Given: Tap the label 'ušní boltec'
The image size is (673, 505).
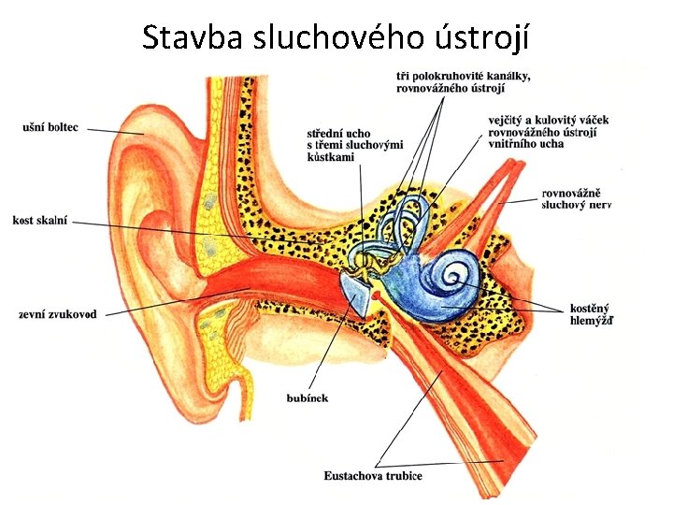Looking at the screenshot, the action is pos(50,128).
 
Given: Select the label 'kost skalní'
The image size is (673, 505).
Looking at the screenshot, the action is pos(40,221).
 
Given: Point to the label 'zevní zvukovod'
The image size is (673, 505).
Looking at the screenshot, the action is pos(57,314).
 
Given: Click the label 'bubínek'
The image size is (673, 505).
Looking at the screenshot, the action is pos(307,398).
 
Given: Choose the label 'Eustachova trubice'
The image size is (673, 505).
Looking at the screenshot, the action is pos(374,476).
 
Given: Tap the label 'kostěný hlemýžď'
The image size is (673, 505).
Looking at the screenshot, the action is pos(592,313).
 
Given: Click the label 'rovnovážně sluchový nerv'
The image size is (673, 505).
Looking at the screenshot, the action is pos(576,199).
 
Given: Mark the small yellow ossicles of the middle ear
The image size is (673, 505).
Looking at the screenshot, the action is pos(379,261).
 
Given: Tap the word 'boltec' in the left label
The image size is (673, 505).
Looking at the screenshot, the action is pos(65,128).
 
